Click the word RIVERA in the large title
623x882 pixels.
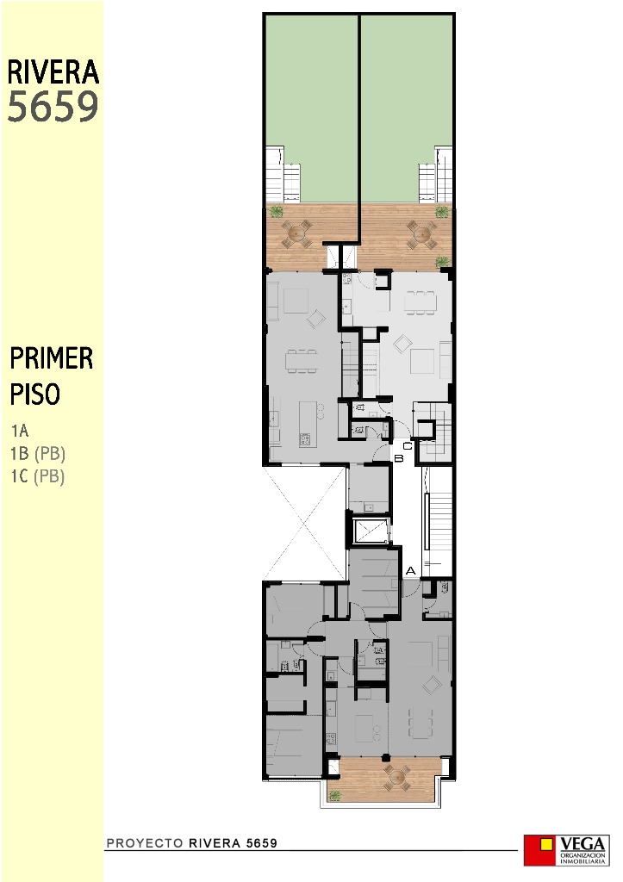[53, 72]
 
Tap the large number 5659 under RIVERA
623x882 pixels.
[53, 108]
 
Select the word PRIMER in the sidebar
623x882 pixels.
[52, 358]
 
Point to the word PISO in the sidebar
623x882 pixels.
[35, 394]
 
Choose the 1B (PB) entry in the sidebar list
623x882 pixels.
[39, 453]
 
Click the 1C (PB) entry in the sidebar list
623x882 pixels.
[39, 475]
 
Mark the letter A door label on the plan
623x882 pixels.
[411, 569]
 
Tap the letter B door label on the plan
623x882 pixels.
[399, 458]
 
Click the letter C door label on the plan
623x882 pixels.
[407, 445]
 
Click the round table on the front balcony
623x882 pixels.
[396, 778]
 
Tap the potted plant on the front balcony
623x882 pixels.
[335, 796]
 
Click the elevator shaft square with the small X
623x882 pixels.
[371, 531]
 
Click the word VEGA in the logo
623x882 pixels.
[583, 842]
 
